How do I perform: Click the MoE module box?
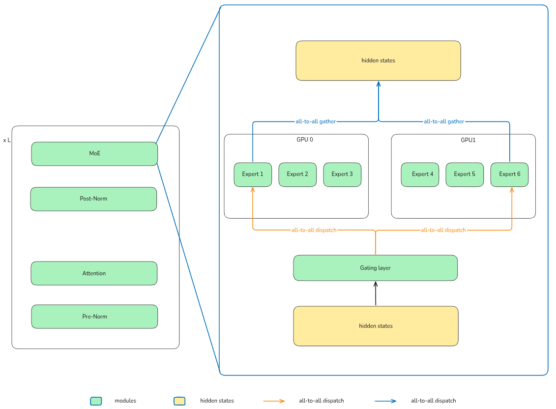[x=94, y=154]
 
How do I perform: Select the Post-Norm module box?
[x=93, y=199]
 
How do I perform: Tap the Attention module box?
[x=94, y=273]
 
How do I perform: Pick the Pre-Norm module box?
[x=94, y=317]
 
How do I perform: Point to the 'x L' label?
[x=7, y=141]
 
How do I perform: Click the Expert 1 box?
[x=253, y=175]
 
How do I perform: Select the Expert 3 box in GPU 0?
[x=342, y=175]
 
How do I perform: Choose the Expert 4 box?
[x=420, y=175]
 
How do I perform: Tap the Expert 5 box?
[x=465, y=175]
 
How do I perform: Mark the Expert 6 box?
[x=509, y=175]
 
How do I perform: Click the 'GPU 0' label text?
[x=305, y=140]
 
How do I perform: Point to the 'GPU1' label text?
[x=468, y=140]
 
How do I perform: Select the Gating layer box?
[x=375, y=268]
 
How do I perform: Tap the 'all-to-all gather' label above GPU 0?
[x=316, y=121]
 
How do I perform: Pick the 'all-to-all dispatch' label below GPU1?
[x=443, y=230]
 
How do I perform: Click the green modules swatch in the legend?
[x=96, y=401]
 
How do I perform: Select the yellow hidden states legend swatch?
[x=179, y=401]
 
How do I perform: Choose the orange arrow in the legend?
[x=274, y=401]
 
